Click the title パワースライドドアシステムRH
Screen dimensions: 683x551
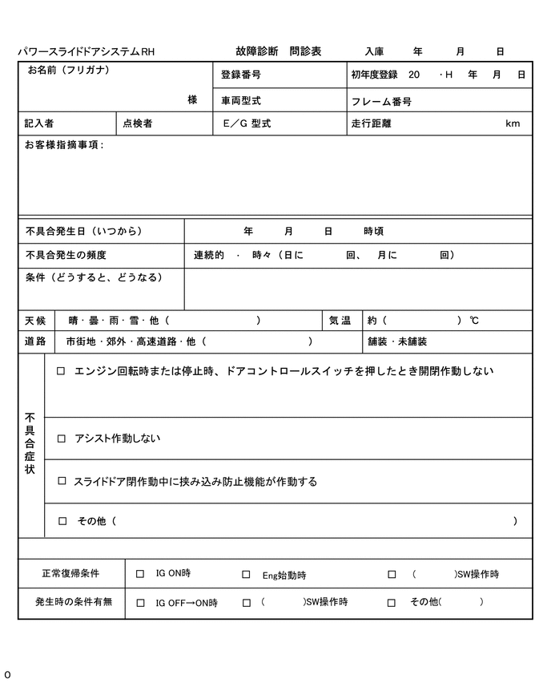pyautogui.click(x=86, y=52)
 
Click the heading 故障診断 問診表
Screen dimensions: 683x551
pyautogui.click(x=279, y=51)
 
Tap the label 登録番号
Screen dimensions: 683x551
pyautogui.click(x=241, y=75)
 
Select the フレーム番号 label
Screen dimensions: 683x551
pyautogui.click(x=381, y=102)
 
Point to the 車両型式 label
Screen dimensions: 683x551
pyautogui.click(x=241, y=102)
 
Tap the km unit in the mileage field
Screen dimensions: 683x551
pyautogui.click(x=513, y=123)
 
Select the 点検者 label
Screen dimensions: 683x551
pyautogui.click(x=137, y=123)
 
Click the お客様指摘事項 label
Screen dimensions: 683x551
pyautogui.click(x=63, y=145)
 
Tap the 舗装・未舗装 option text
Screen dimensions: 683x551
pyautogui.click(x=397, y=341)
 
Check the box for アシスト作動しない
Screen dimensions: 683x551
pyautogui.click(x=62, y=438)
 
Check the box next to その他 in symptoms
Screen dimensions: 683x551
pyautogui.click(x=62, y=521)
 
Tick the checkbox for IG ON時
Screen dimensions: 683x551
pyautogui.click(x=140, y=574)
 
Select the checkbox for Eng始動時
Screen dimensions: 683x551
pyautogui.click(x=247, y=575)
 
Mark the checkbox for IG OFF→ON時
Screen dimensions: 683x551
pyautogui.click(x=140, y=603)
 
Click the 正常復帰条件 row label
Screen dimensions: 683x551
pyautogui.click(x=70, y=574)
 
